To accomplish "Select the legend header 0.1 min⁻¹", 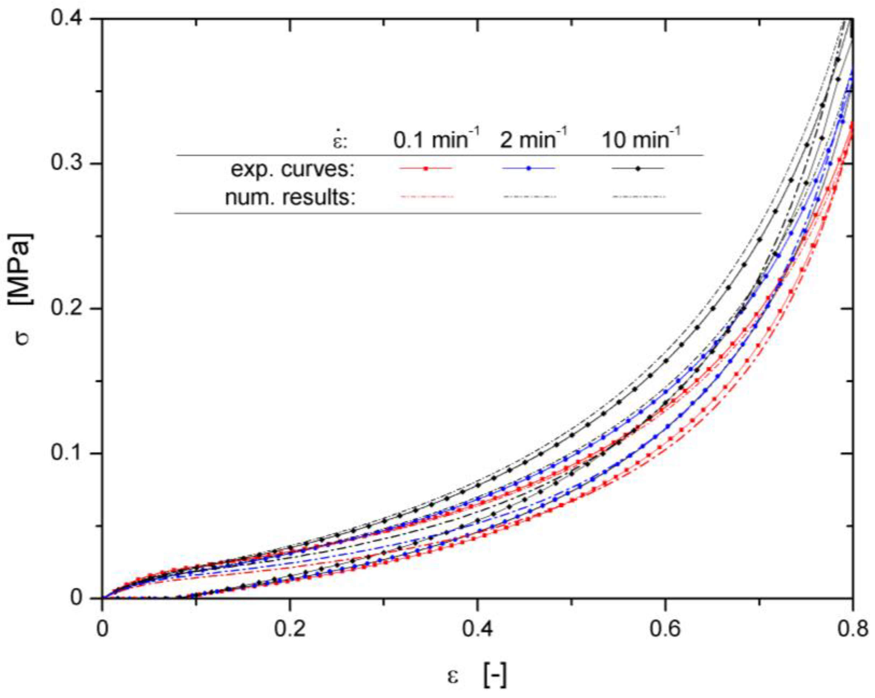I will pyautogui.click(x=437, y=139).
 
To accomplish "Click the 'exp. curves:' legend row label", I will pyautogui.click(x=293, y=170).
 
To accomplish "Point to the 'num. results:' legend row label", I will pyautogui.click(x=291, y=198).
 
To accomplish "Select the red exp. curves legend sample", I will pyautogui.click(x=426, y=168).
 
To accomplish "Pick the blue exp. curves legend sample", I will pyautogui.click(x=529, y=168).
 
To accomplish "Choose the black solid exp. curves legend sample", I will pyautogui.click(x=638, y=168).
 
